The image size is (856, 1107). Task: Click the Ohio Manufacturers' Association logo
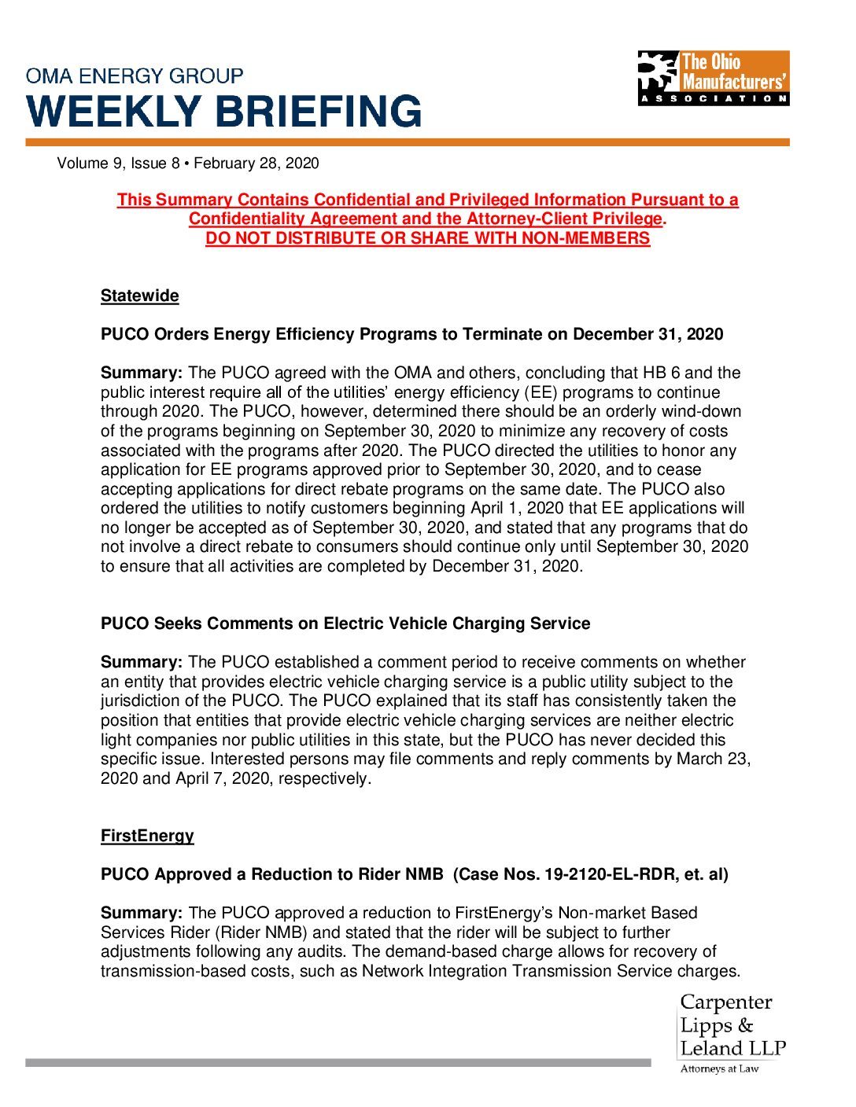[x=713, y=78]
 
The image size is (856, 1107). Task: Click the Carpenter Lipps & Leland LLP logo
[x=732, y=1026]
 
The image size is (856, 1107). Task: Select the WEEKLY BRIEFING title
[x=224, y=111]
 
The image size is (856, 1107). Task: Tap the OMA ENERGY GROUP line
[x=135, y=76]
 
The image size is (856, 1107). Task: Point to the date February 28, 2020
[x=256, y=164]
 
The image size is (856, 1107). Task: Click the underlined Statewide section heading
[x=140, y=296]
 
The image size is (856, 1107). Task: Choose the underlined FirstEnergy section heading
[x=147, y=836]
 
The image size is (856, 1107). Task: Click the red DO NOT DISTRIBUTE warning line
[x=428, y=238]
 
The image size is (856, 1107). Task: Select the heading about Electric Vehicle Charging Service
[x=345, y=623]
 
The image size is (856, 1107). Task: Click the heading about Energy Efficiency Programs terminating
[x=411, y=334]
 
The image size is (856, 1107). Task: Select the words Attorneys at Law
[x=719, y=1068]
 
